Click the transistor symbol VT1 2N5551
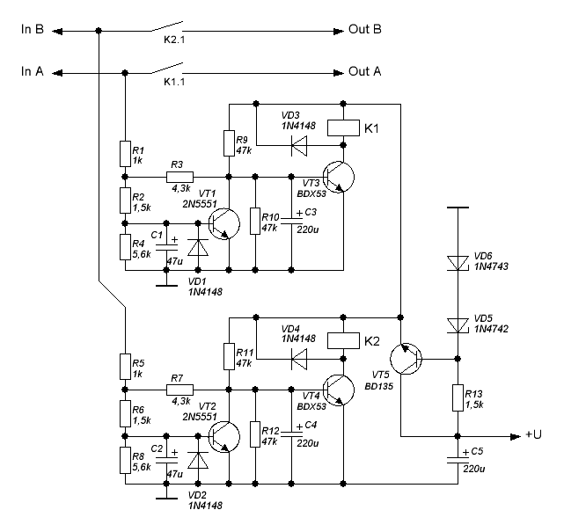tap(226, 223)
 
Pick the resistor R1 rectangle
tap(125, 154)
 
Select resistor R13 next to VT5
tap(458, 397)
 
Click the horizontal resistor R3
tap(178, 177)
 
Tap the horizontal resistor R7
tap(178, 389)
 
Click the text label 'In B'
tap(33, 30)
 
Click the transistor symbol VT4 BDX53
tap(337, 388)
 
